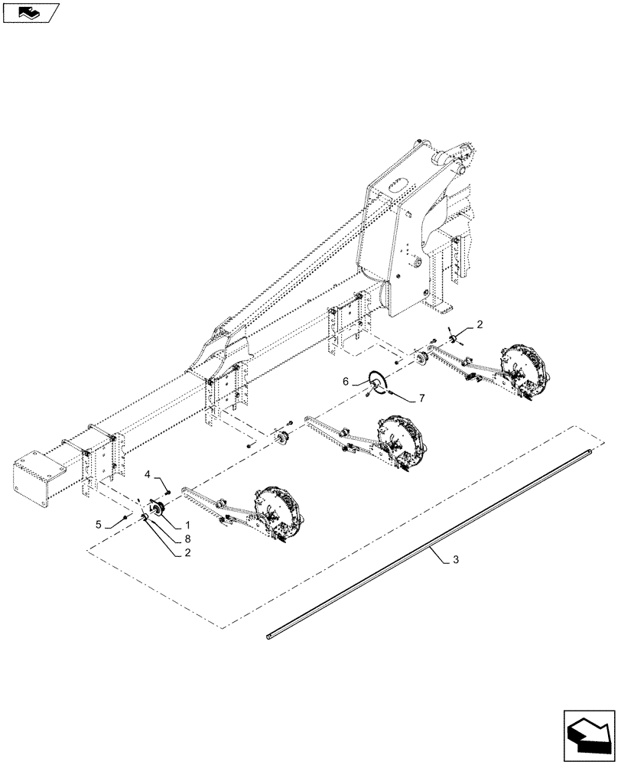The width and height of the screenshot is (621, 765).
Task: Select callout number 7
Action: [x=421, y=399]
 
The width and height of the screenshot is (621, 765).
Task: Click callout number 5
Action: [x=99, y=524]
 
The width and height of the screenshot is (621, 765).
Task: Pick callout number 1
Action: [x=186, y=527]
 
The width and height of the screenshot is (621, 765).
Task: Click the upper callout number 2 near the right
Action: [x=479, y=325]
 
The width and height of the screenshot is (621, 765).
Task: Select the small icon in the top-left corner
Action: [x=31, y=12]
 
